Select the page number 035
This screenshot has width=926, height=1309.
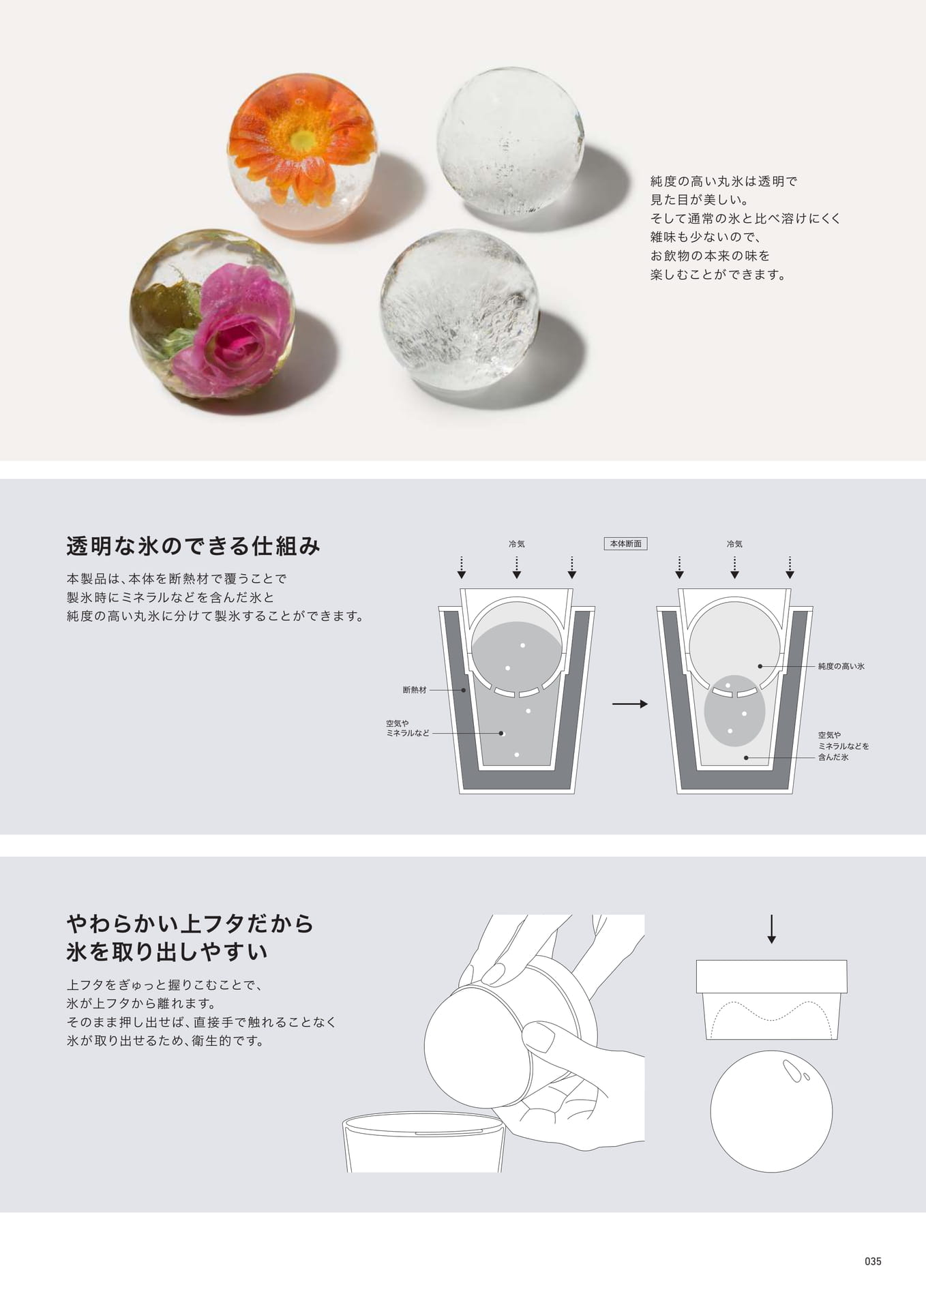tap(873, 1261)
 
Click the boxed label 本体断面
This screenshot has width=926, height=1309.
tap(625, 544)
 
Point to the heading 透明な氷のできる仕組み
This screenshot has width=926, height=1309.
tap(194, 546)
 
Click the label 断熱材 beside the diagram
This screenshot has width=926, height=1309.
tap(415, 690)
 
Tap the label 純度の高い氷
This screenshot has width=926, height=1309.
tap(841, 666)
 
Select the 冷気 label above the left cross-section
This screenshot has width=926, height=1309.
tap(517, 544)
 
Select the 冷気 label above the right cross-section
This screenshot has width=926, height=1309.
tap(734, 544)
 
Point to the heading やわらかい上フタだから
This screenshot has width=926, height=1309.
tap(190, 924)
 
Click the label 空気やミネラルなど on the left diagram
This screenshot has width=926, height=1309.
tap(407, 728)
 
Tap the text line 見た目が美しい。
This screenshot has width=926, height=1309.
tap(700, 200)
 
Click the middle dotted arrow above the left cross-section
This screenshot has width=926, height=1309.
tap(517, 567)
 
